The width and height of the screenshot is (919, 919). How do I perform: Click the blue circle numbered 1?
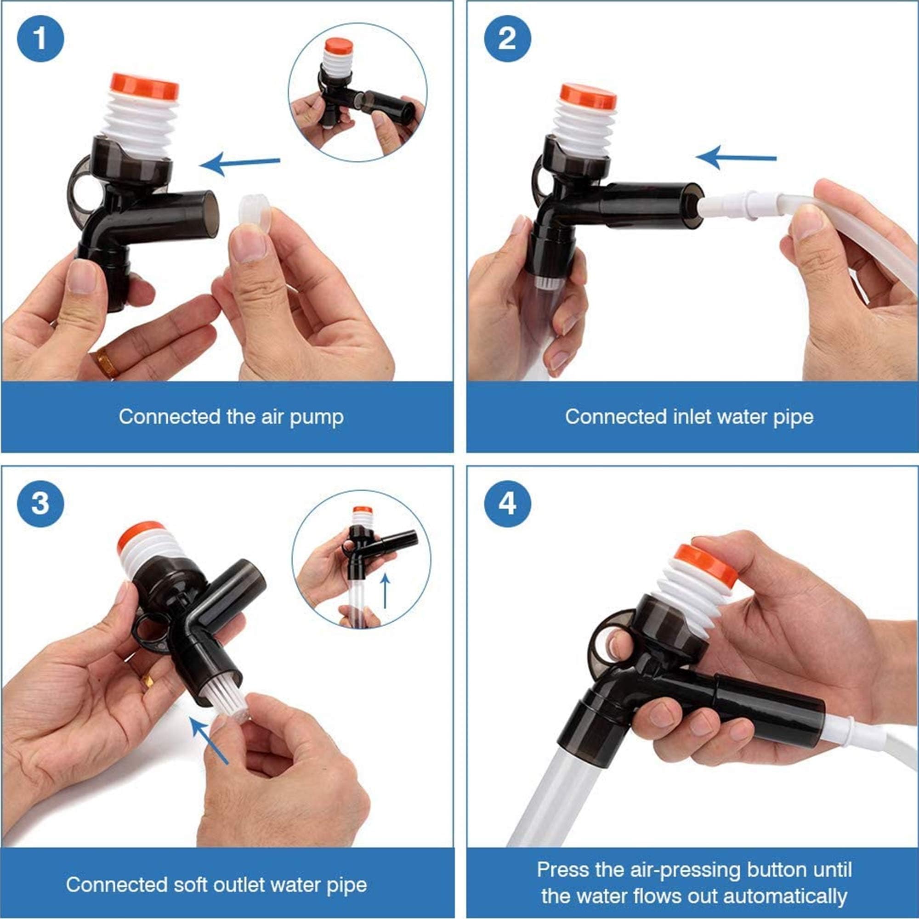40,38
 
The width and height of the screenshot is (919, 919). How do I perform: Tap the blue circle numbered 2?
507,38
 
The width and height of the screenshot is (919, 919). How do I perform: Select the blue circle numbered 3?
40,503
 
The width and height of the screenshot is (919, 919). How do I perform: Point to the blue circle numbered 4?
507,503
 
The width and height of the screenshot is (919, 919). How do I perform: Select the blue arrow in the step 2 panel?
735,158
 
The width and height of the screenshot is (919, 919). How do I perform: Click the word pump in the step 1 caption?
316,417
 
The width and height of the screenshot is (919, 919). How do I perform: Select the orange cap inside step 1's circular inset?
339,46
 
